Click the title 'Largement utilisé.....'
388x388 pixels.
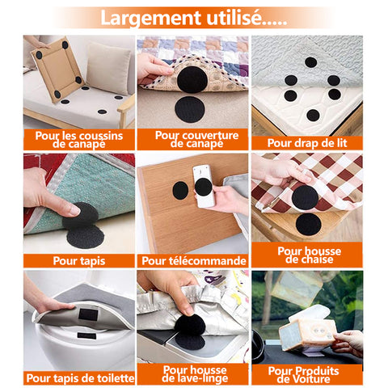coord(194,19)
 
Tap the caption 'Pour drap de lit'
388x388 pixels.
coord(307,143)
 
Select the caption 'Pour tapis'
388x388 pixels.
coord(79,261)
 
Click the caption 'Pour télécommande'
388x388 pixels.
coord(194,261)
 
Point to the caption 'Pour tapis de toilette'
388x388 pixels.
coord(80,378)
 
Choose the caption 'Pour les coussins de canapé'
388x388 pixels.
coord(79,140)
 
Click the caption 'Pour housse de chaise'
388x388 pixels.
coord(310,255)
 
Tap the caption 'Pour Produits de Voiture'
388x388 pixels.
coord(303,375)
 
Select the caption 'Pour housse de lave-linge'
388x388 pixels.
coord(195,374)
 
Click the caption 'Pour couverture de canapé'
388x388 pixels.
coord(196,139)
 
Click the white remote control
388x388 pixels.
coord(204,186)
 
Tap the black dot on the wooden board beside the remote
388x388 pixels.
coord(180,191)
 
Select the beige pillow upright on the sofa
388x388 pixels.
coord(108,69)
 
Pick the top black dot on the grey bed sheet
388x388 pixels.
coord(310,62)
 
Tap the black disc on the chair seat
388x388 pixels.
coord(308,225)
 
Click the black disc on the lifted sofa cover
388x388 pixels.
coord(192,80)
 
